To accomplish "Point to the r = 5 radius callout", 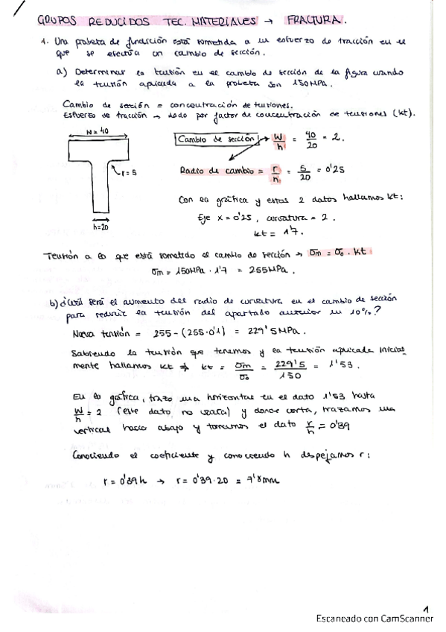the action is [126, 172].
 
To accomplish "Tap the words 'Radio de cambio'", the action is [214, 171].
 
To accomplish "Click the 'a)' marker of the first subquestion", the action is [62, 72].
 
